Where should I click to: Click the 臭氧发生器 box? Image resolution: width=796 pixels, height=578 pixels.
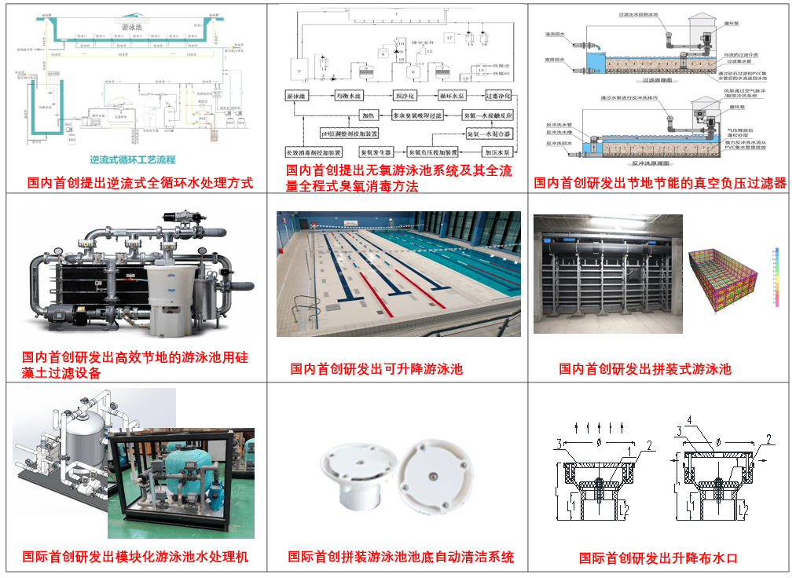pos(381,151)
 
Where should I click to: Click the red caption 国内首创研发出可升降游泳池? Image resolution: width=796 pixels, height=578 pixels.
pos(376,368)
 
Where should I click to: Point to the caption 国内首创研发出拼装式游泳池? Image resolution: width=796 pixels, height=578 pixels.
pos(645,368)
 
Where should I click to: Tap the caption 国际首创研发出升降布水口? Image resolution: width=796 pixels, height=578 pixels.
pos(658,558)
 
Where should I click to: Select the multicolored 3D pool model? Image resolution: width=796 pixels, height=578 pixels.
pos(724,280)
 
